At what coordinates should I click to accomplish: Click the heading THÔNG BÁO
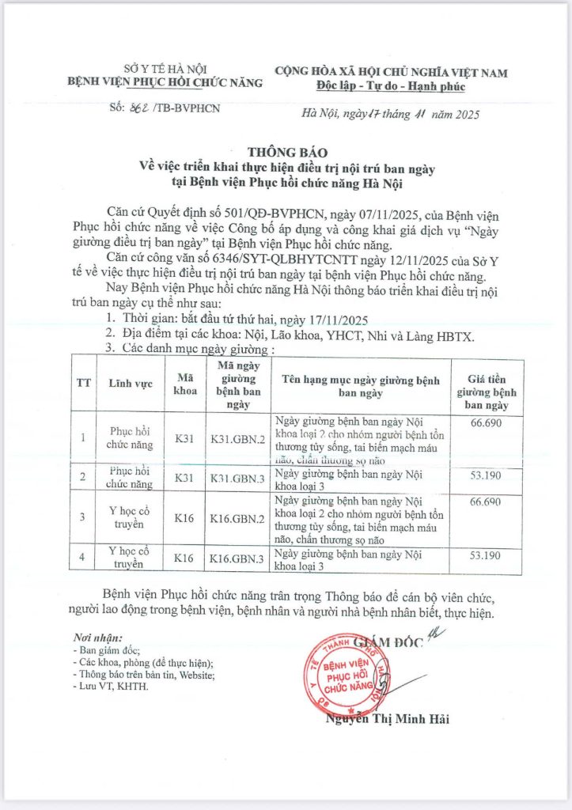click(286, 152)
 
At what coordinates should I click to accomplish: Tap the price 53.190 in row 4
click(485, 556)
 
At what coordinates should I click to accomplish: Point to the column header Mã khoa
click(184, 382)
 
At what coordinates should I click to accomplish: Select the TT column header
click(83, 382)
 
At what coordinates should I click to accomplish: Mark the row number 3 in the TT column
click(83, 517)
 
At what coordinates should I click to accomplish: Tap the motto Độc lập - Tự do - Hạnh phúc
click(391, 86)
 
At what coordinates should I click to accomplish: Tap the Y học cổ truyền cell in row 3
click(130, 517)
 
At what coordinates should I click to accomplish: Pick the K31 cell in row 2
click(184, 478)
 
